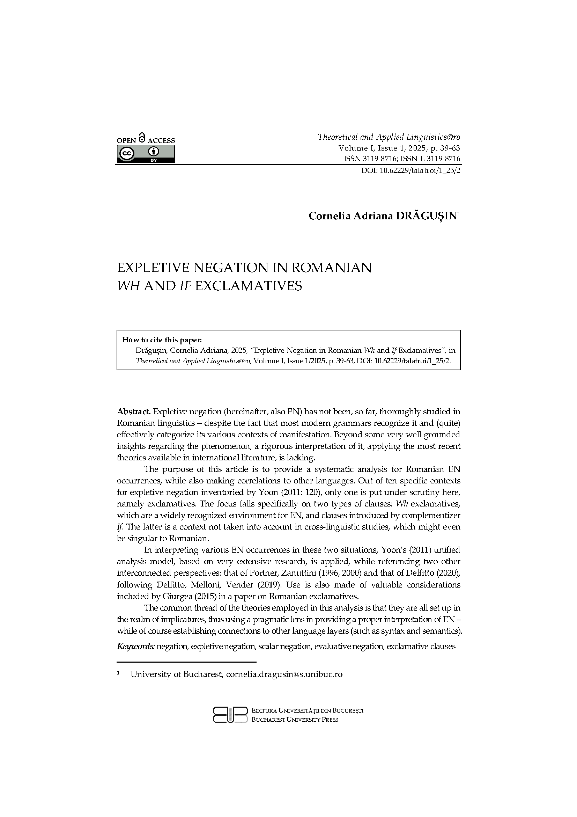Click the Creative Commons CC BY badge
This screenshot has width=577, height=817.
coord(146,154)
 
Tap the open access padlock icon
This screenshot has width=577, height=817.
coord(142,138)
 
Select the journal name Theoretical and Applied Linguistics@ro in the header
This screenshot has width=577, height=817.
coord(389,137)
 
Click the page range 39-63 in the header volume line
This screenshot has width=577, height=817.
coord(450,148)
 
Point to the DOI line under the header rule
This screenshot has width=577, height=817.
coord(410,170)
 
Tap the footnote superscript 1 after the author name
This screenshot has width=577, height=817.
coord(459,214)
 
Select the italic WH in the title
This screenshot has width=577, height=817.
coord(128,286)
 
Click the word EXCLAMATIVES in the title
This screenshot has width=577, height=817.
coord(249,286)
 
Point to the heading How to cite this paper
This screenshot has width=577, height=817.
coord(162,340)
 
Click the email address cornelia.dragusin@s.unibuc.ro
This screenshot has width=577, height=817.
coord(284,674)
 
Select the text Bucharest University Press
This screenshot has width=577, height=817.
coord(295,720)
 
